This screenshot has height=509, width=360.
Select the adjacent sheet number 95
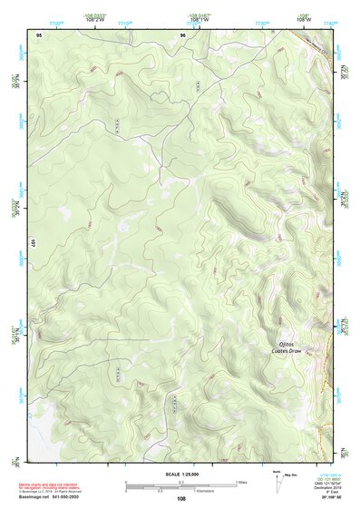[x=39, y=34]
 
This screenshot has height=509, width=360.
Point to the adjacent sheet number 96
[x=182, y=34]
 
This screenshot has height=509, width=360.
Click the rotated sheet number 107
[x=32, y=244]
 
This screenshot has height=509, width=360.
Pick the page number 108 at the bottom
[x=181, y=498]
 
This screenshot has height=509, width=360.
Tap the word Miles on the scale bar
[x=241, y=482]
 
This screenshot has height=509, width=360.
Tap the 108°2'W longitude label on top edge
[x=95, y=20]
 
